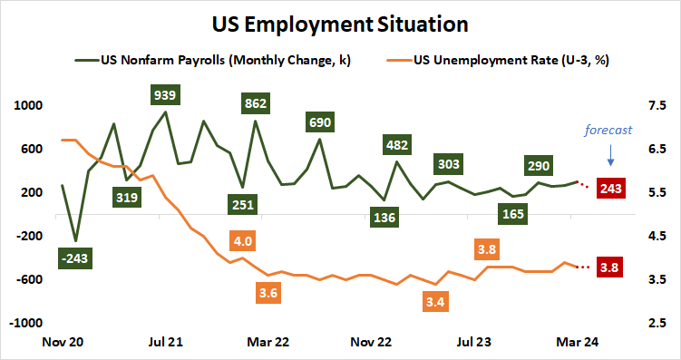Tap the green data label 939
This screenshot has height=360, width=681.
[x=165, y=94]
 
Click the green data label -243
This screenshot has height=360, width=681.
[x=74, y=259]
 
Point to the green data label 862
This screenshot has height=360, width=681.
[x=256, y=103]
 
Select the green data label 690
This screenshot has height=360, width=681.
[x=319, y=122]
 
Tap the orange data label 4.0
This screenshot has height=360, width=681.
[x=242, y=242]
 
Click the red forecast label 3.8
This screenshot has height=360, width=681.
[x=611, y=267]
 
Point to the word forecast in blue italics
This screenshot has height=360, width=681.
[x=608, y=130]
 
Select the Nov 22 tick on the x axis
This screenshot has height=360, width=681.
[x=371, y=343]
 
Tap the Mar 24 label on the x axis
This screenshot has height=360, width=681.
[x=576, y=343]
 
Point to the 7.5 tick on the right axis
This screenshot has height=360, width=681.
[x=657, y=105]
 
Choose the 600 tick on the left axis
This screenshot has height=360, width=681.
[x=32, y=149]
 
